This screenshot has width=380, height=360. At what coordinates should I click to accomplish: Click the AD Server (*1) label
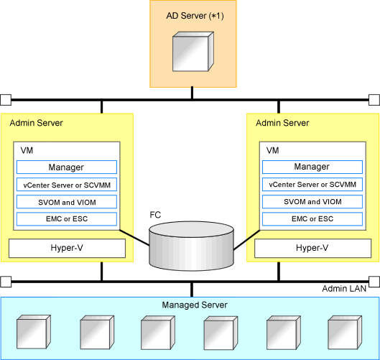click(195, 16)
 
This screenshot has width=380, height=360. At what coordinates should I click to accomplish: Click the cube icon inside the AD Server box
click(193, 52)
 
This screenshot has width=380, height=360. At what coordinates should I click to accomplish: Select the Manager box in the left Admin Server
click(67, 167)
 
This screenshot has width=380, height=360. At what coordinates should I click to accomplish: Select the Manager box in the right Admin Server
click(312, 167)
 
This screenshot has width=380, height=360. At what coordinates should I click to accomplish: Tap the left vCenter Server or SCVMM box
click(67, 185)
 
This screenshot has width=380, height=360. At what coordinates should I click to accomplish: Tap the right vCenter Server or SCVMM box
click(312, 184)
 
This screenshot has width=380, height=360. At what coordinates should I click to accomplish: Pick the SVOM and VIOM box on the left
click(67, 202)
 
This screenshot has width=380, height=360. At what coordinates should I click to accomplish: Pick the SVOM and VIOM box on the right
click(312, 201)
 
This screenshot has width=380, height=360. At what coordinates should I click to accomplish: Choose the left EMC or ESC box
click(67, 219)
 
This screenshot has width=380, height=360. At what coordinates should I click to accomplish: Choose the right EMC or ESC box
click(312, 218)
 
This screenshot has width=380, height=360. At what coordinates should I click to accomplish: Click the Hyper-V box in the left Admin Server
click(67, 248)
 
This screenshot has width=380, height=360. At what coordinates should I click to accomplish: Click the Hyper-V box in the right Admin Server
click(313, 248)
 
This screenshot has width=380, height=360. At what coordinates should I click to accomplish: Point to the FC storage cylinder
click(192, 246)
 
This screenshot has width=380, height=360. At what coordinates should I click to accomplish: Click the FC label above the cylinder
click(155, 215)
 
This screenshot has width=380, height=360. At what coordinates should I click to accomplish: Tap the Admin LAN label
click(344, 288)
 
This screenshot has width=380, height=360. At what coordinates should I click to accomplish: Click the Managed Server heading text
click(195, 305)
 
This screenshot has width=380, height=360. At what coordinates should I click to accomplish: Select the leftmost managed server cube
click(34, 332)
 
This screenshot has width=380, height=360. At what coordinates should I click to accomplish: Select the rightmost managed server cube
click(345, 333)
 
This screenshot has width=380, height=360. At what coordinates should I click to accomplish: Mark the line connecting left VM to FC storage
click(134, 238)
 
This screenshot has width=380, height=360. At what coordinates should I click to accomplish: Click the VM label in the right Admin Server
click(273, 151)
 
